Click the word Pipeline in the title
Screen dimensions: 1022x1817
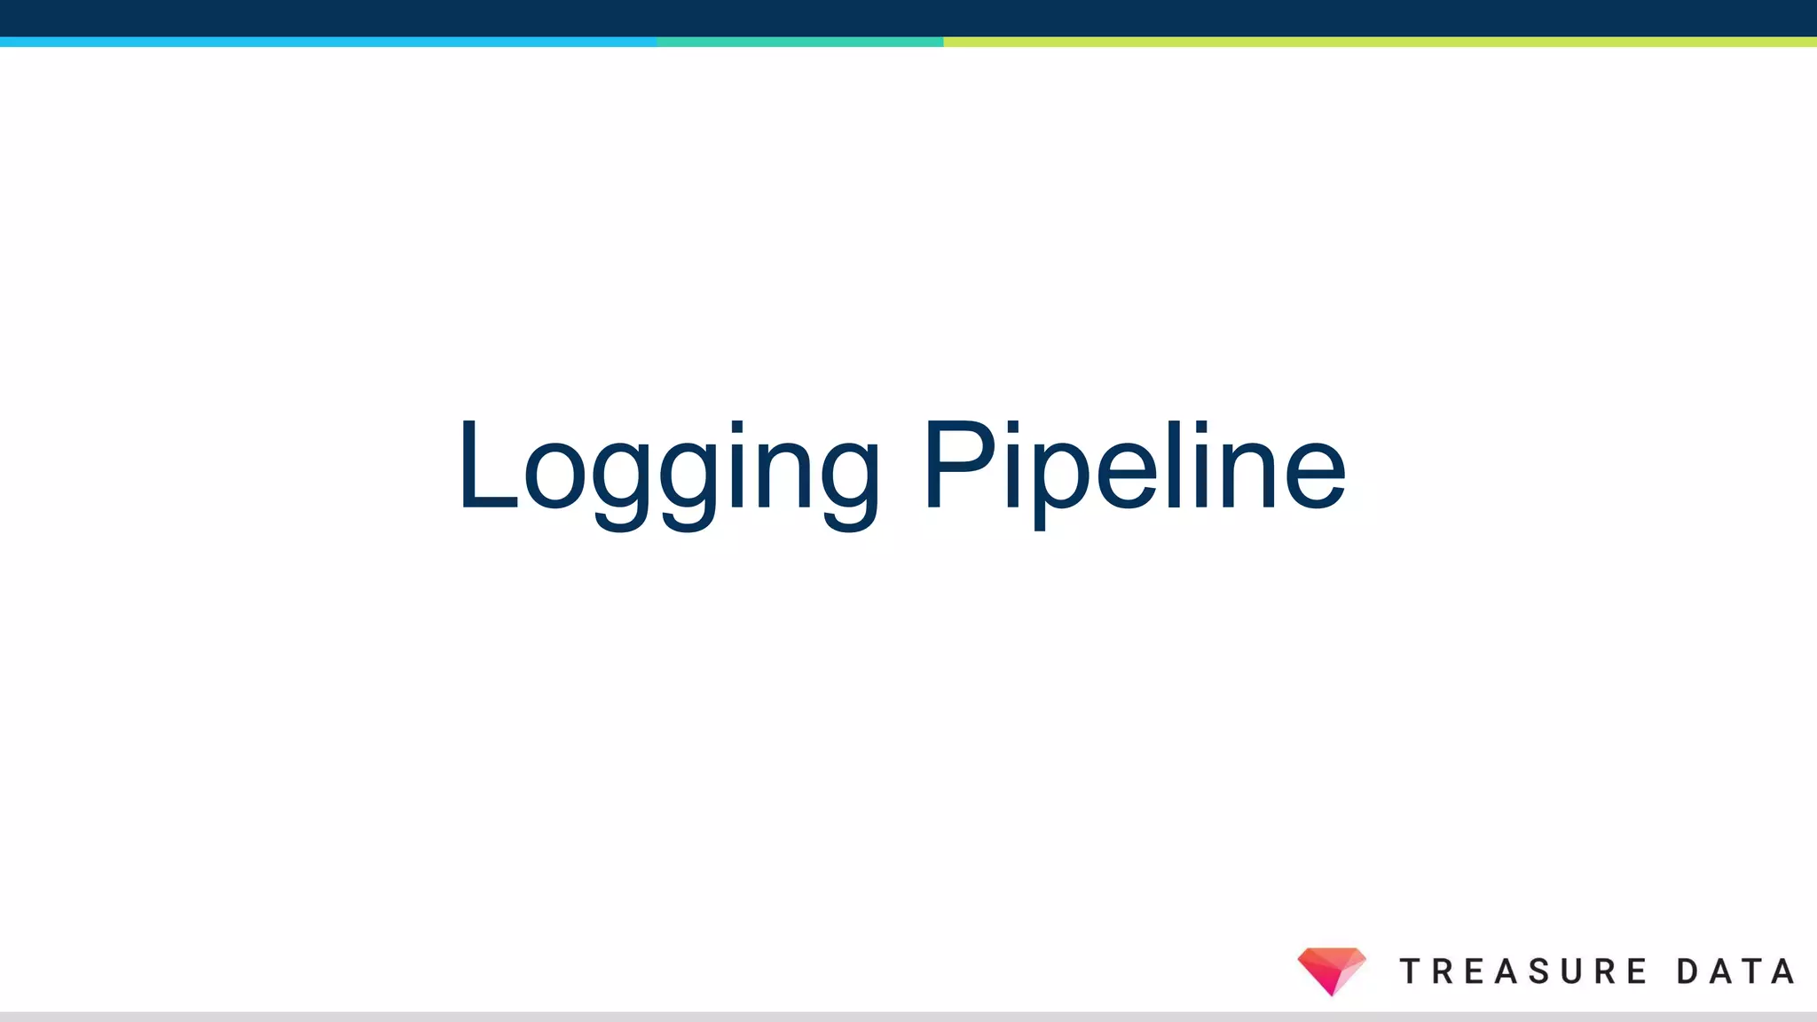(1135, 468)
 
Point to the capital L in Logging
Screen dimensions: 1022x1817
(485, 466)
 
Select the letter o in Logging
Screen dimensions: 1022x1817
(556, 478)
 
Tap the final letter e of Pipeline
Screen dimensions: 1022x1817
(1315, 478)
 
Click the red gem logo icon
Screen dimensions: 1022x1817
(1331, 970)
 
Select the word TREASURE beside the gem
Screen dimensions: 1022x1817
(1522, 971)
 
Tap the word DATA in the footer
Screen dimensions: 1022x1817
(1735, 971)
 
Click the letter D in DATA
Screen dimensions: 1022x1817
(1687, 971)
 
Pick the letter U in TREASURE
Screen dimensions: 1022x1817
(1572, 971)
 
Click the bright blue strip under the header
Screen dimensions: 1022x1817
(328, 42)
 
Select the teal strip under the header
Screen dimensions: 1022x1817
(799, 42)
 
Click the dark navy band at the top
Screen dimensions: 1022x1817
(908, 18)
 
